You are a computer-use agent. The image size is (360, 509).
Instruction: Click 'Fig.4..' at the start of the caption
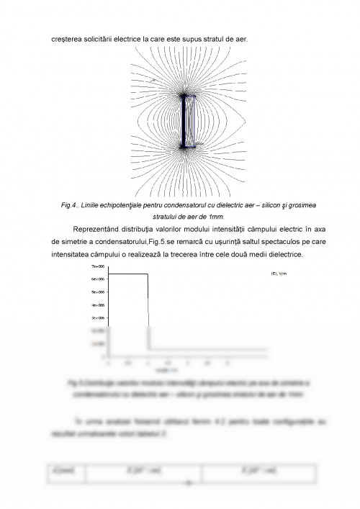(71, 205)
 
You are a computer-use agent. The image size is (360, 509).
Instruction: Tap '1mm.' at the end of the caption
(215, 216)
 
